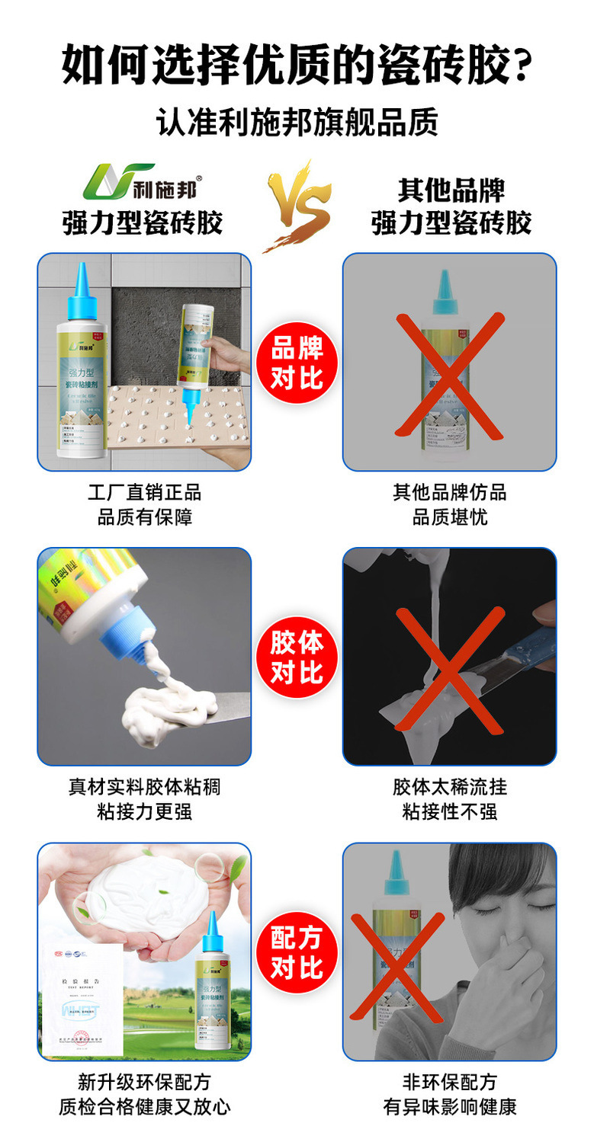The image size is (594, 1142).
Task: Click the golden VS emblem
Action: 297,206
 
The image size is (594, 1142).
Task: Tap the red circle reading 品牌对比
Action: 297,363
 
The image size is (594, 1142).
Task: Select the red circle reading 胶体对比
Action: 297,657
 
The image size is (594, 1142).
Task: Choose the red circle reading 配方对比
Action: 297,952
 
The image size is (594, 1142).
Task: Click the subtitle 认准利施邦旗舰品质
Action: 297,122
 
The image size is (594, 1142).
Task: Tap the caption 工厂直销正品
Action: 144,492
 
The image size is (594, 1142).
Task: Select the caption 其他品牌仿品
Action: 449,492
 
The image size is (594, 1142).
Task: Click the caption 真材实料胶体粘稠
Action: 144,786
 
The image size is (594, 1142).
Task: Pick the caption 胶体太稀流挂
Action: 449,786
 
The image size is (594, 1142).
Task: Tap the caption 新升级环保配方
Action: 144,1081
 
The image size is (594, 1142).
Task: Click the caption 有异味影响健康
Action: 449,1106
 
